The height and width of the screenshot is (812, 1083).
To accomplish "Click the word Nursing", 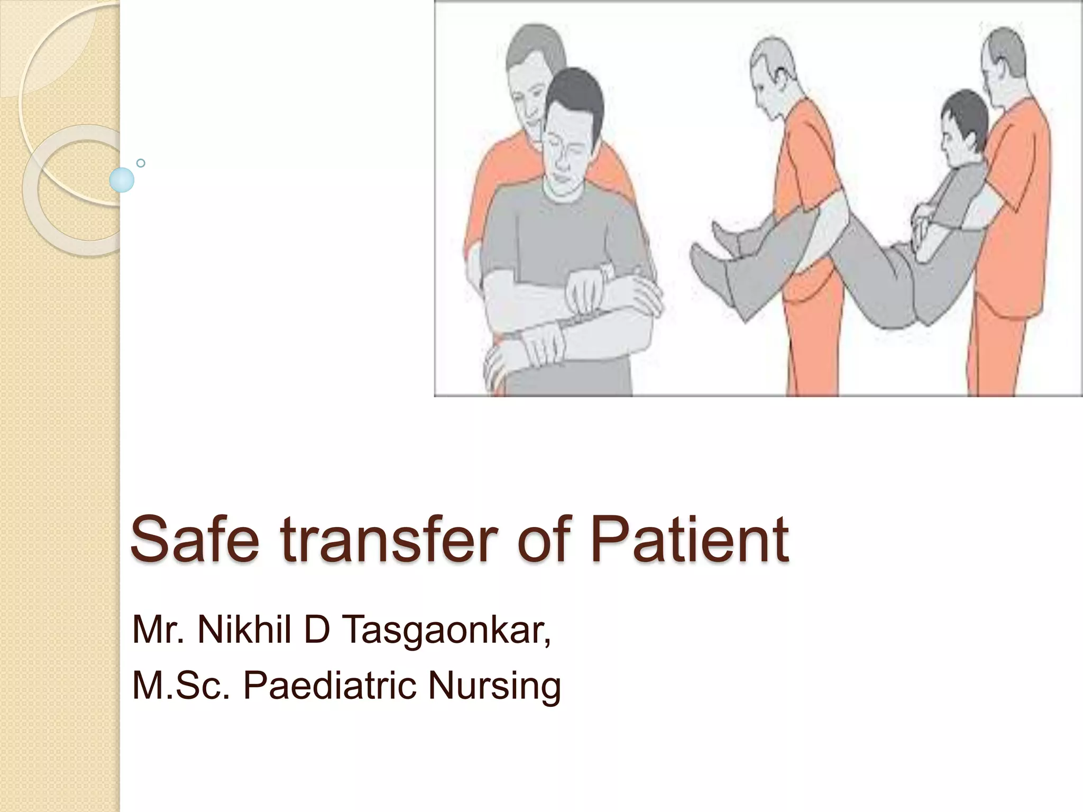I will click(494, 686).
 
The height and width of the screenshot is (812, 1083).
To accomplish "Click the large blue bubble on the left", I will click(122, 180).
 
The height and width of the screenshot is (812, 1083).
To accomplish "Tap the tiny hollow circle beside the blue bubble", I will click(141, 163).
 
